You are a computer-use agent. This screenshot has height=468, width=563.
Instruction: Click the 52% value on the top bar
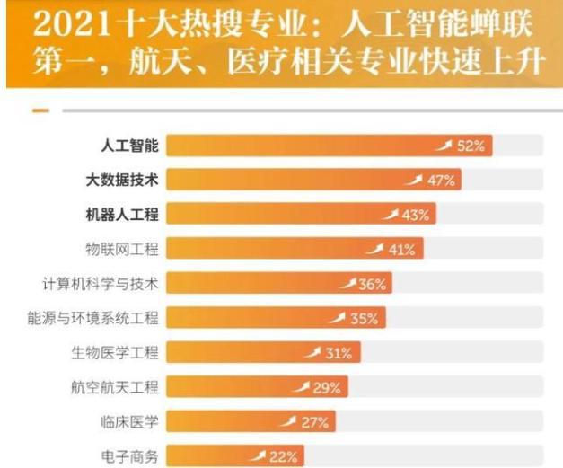pos(471,146)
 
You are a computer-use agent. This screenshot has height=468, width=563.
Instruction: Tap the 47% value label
pos(441,181)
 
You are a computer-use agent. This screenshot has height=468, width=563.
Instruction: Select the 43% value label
pos(416,215)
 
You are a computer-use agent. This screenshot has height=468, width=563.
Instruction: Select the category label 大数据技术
pos(122,181)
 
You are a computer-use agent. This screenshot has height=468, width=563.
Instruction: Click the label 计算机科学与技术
pos(101,284)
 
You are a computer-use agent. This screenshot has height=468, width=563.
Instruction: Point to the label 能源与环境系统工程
pos(93,318)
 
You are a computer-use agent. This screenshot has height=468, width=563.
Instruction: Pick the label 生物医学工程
pos(115,353)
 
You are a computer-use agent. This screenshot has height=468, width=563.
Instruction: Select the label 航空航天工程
pos(115,387)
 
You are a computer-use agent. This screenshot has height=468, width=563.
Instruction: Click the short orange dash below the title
pos(40,110)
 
